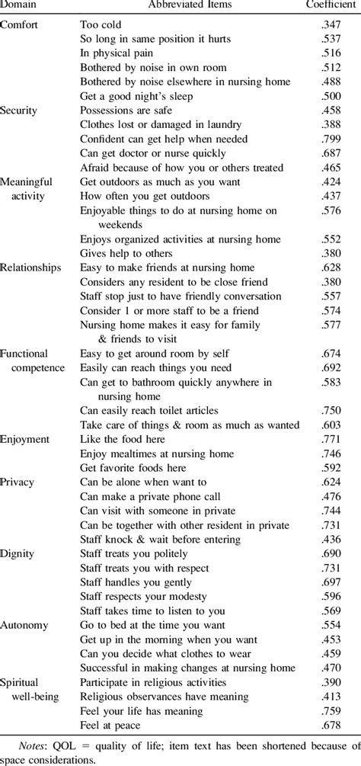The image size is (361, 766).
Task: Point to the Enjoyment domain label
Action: [26, 439]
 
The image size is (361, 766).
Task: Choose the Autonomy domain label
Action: [24, 625]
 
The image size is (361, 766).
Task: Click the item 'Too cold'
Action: [101, 24]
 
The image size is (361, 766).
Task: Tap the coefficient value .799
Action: [331, 139]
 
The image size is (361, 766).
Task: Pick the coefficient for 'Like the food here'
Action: [331, 439]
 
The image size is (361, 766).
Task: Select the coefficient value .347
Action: [331, 24]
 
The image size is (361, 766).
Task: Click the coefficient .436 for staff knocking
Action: [331, 539]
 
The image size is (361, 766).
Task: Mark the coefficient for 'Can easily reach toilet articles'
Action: [331, 410]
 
